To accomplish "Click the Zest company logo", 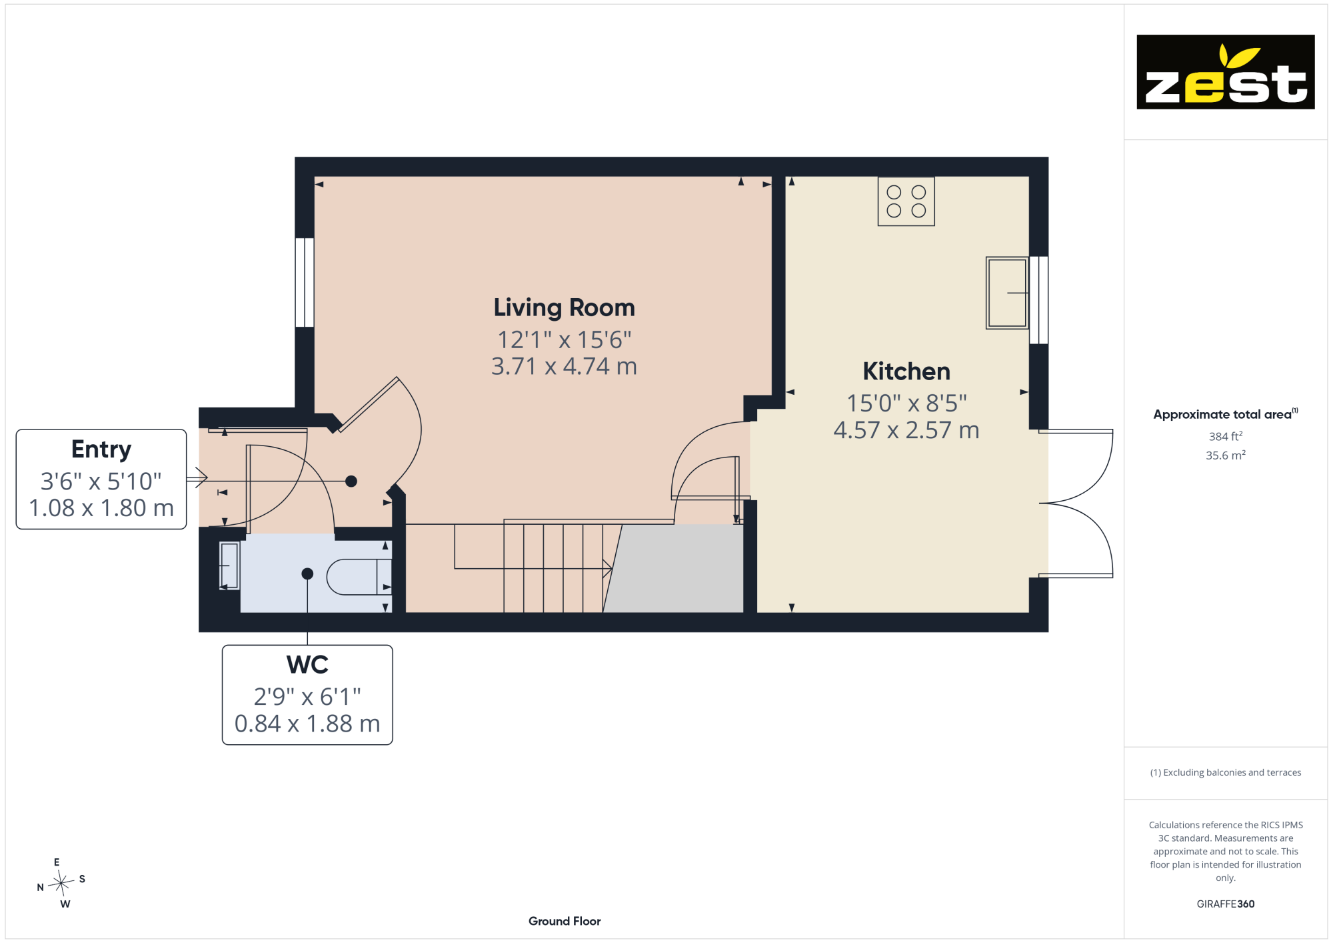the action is tap(1225, 72).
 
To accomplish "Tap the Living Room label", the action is tap(564, 307).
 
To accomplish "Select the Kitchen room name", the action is tap(906, 371).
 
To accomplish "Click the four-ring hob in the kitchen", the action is tap(906, 201).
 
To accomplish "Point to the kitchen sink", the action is tap(1007, 293).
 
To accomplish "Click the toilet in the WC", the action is tap(359, 576).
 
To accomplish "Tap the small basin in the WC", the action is tap(229, 566).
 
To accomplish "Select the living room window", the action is tap(305, 282).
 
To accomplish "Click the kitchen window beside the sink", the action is tap(1038, 300).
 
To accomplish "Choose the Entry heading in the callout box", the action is tap(101, 449).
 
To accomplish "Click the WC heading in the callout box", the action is tap(307, 665).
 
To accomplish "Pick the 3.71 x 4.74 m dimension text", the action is tap(564, 366).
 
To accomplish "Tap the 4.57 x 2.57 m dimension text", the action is tap(906, 430).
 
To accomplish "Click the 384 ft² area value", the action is tap(1226, 436).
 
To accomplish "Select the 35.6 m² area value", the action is tap(1226, 455).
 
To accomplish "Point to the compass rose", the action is tap(61, 883).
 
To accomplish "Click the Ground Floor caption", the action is tap(565, 921).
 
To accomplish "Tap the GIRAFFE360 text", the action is tap(1226, 904).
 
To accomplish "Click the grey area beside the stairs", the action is tap(673, 568).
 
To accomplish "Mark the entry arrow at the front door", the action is tap(197, 478).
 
